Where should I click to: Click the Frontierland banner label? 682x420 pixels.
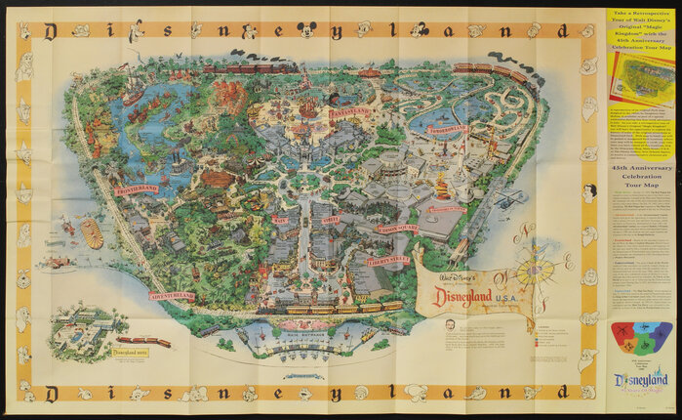pos(135,189)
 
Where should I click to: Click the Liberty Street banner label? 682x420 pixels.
pos(387,260)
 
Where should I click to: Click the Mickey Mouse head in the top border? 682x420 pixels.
pos(305,30)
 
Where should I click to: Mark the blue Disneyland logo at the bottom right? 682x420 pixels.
pos(640,381)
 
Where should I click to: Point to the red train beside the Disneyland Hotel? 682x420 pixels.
pos(144,341)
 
